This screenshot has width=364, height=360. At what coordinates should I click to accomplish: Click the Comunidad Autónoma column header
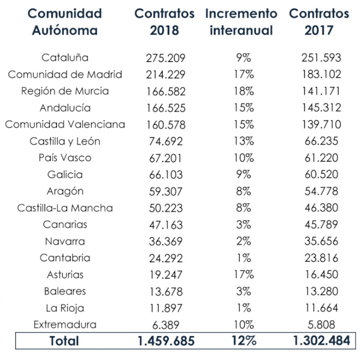point(66,22)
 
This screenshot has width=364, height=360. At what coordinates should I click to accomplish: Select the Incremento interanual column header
point(241,22)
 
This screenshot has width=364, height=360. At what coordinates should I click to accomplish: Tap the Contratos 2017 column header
point(318,22)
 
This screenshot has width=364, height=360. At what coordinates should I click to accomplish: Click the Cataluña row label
point(65,58)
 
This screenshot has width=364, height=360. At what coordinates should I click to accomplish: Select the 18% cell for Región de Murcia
point(241,91)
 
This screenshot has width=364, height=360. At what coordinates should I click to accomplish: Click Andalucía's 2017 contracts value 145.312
point(318,108)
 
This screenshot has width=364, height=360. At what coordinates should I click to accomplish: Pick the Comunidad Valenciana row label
point(65,124)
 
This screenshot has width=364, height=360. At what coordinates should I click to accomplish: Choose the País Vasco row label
point(65,158)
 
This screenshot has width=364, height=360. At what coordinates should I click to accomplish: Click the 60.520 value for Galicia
point(318,174)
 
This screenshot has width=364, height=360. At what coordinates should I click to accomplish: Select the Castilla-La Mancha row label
point(65,208)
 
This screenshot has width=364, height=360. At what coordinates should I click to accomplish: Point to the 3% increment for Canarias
point(241,224)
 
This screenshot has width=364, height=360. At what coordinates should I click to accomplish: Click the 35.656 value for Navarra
point(318,241)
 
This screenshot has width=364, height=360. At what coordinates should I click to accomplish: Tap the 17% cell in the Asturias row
point(241,274)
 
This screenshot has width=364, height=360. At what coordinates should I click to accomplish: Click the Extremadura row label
point(65,325)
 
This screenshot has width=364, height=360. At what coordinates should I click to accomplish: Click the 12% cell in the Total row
point(241,341)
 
